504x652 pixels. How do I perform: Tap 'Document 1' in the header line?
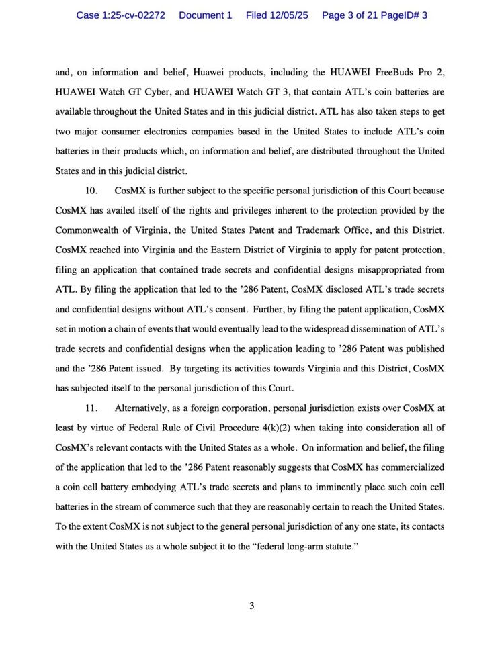point(205,15)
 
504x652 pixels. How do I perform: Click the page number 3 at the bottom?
point(252,606)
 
